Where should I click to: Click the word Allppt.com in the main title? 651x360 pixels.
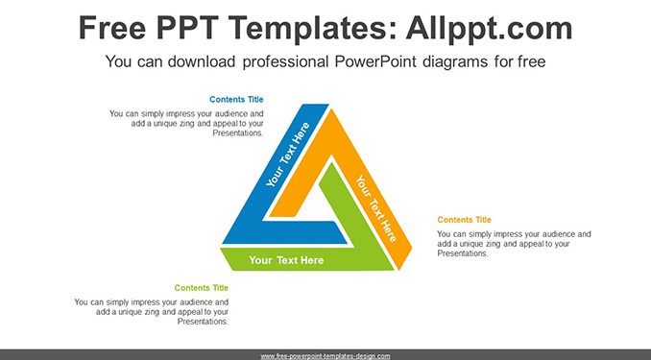[489, 29]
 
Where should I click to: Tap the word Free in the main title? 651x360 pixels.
[112, 28]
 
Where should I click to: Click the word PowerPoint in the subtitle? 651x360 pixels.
[375, 61]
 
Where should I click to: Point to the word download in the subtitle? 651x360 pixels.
[202, 61]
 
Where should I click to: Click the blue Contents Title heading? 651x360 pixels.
[236, 99]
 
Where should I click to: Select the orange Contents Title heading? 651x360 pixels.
[464, 220]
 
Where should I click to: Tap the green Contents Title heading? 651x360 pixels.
[202, 288]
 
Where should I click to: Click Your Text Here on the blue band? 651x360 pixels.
[288, 155]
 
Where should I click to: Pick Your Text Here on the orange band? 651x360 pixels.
[376, 208]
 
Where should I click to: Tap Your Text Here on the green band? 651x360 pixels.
[286, 260]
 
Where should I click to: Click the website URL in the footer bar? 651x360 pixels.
[325, 356]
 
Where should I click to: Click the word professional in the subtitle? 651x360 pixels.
[285, 61]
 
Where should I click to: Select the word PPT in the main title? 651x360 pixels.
[187, 28]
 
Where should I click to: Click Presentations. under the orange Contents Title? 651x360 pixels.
[463, 253]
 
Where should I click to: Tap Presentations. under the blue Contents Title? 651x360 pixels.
[238, 132]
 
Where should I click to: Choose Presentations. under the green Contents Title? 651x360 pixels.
[203, 322]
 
